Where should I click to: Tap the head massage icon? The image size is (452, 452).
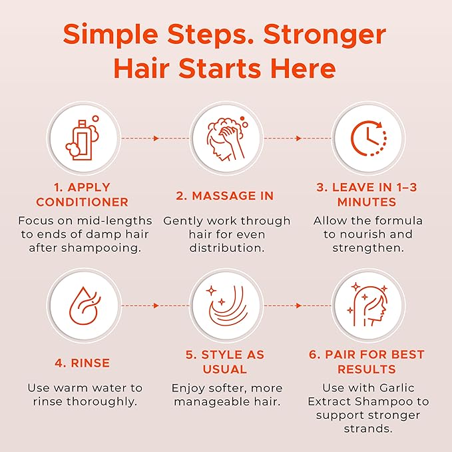pos(226,138)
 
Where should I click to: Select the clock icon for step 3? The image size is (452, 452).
pos(369,138)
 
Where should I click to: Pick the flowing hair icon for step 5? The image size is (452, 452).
pos(226,306)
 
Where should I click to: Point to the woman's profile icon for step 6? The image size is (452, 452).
pos(369,306)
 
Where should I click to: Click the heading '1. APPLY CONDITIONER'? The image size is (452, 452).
pos(83,194)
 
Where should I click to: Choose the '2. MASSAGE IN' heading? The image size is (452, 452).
pos(226,196)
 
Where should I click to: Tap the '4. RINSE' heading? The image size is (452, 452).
pos(83,363)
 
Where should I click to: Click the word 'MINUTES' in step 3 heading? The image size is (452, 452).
pos(366,202)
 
